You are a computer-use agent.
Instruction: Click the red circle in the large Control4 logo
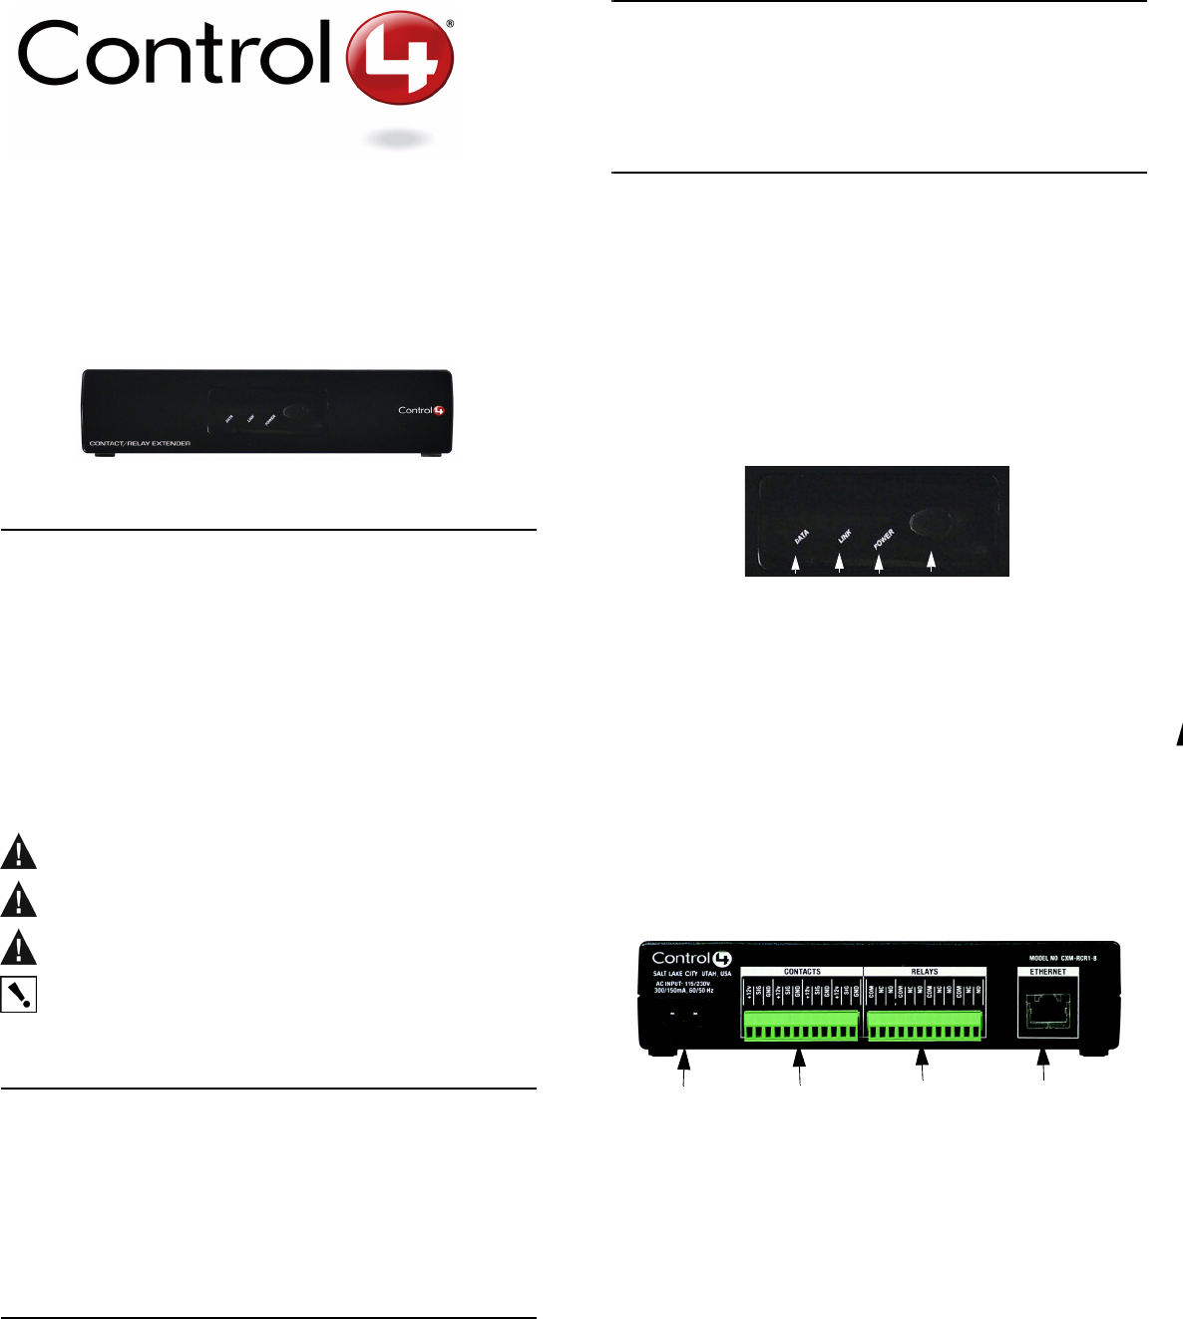[x=400, y=59]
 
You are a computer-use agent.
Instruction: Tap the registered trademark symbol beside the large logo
[x=450, y=22]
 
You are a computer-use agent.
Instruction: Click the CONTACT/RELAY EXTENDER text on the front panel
[x=140, y=443]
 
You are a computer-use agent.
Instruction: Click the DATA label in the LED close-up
[x=801, y=538]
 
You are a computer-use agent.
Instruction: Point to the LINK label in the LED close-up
[x=844, y=536]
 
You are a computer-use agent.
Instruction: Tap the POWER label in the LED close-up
[x=884, y=539]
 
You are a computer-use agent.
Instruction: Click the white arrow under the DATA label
[x=796, y=565]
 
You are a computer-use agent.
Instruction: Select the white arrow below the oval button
[x=932, y=564]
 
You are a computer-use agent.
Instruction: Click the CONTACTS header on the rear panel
[x=802, y=972]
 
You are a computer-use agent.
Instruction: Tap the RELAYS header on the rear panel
[x=925, y=972]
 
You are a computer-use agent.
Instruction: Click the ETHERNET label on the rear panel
[x=1048, y=972]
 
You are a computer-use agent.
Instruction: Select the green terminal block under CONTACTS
[x=801, y=1024]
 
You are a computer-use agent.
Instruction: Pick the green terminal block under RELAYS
[x=925, y=1024]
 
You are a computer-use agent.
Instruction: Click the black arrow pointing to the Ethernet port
[x=1045, y=1065]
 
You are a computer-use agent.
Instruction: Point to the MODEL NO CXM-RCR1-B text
[x=1063, y=958]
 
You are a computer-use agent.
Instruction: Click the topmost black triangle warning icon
[x=18, y=853]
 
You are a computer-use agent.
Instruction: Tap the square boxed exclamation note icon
[x=18, y=994]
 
